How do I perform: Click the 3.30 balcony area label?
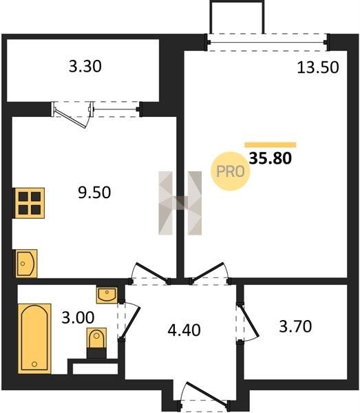[x=85, y=66]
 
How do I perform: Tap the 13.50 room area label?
[x=318, y=67]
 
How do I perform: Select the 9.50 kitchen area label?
[x=94, y=192]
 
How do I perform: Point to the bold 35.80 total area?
[x=271, y=158]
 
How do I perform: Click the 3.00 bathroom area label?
[x=78, y=317]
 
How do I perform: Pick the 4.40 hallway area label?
[x=184, y=330]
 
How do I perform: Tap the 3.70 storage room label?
[x=295, y=326]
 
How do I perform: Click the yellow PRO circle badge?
[x=230, y=171]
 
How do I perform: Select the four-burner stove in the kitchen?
[x=30, y=203]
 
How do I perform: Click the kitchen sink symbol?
[x=25, y=264]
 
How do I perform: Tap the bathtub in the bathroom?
[x=34, y=339]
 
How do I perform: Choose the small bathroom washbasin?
[x=107, y=295]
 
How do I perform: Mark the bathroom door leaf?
[x=131, y=324]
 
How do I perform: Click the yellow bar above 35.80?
[x=271, y=145]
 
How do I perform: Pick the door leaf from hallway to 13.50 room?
[x=208, y=273]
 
